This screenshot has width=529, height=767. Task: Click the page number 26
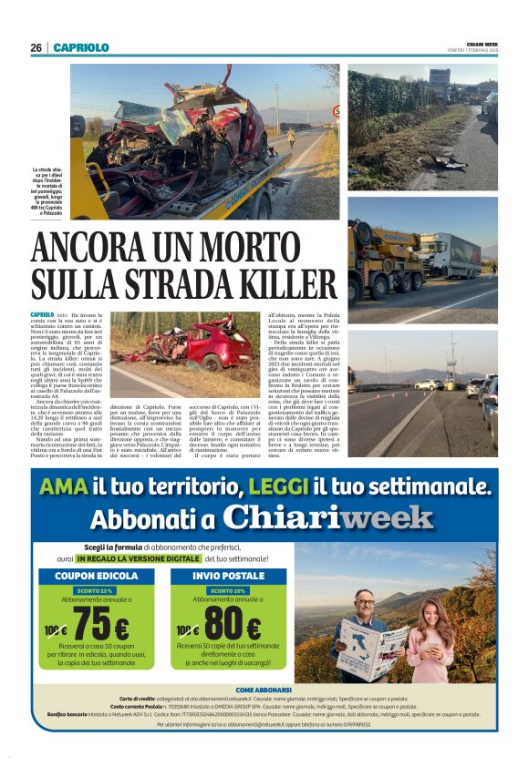(x=36, y=47)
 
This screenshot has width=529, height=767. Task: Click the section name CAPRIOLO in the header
(x=81, y=47)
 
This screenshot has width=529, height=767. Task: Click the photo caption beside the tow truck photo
(x=49, y=192)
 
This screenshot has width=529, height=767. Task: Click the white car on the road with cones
(x=428, y=384)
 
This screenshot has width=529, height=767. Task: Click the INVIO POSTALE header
(x=228, y=577)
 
